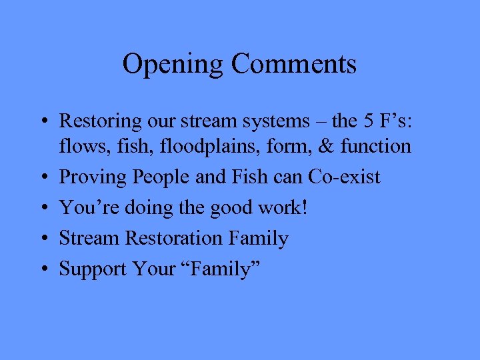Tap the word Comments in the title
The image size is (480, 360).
pos(294,65)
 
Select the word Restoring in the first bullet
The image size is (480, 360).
pos(101,121)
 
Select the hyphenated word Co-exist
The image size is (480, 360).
pos(345,177)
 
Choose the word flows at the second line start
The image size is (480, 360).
pos(77,146)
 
